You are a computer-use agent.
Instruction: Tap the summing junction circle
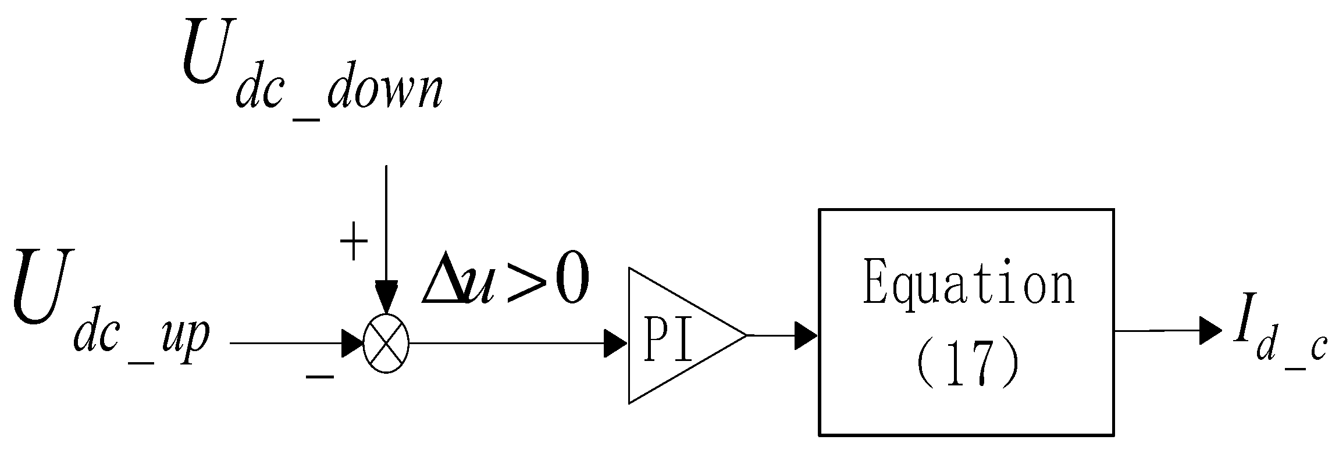(386, 344)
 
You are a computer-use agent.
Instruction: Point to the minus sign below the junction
(320, 377)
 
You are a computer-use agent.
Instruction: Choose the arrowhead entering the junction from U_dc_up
(352, 344)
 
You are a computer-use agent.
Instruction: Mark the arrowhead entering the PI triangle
(615, 344)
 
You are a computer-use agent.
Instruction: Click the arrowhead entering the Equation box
(806, 335)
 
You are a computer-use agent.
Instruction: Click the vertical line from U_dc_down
(386, 221)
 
